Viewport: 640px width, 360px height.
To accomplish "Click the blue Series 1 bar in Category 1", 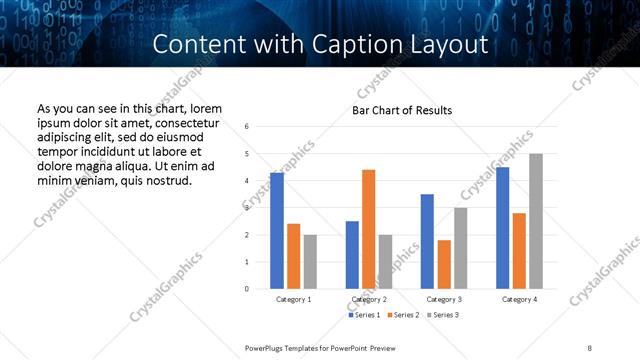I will (x=277, y=231).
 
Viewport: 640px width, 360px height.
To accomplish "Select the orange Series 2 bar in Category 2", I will (x=369, y=229).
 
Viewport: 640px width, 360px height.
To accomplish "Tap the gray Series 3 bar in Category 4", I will (x=536, y=221).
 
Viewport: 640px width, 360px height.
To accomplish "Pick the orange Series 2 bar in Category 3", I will (x=444, y=264).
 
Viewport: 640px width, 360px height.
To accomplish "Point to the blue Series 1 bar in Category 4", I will (x=502, y=228).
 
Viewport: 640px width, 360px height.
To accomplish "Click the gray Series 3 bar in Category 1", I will (x=311, y=262).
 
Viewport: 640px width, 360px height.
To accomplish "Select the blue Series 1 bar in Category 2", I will (x=352, y=255).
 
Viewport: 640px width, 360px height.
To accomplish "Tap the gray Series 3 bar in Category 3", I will (x=461, y=248).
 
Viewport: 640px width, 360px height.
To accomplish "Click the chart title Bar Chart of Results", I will (x=402, y=110).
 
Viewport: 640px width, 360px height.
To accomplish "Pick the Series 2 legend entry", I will (x=405, y=316).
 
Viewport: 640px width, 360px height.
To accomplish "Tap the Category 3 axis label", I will (x=443, y=299).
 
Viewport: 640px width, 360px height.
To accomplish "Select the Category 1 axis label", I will (x=293, y=299).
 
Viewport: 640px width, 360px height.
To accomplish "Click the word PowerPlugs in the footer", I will (x=267, y=348).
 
